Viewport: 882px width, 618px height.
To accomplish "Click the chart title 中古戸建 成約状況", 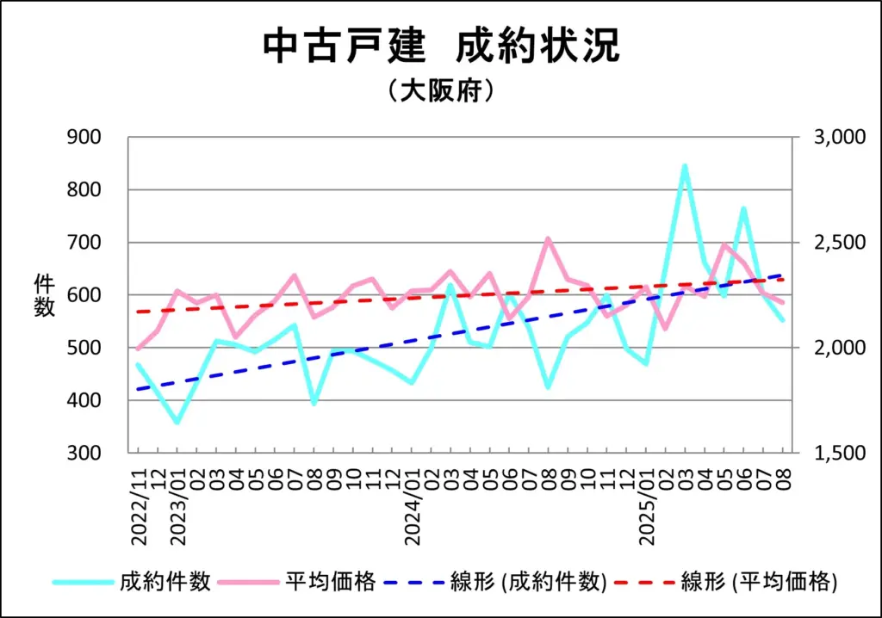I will [x=440, y=48].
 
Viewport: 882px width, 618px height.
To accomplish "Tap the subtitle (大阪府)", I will [x=440, y=90].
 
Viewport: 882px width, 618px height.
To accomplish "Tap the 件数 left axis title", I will [x=45, y=294].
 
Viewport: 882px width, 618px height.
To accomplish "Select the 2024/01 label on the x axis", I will [x=413, y=504].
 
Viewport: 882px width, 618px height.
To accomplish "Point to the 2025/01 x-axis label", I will [x=648, y=504].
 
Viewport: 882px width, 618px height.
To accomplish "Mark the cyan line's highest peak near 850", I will [x=685, y=165].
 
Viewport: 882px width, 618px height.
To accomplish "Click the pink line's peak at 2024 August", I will [x=548, y=238].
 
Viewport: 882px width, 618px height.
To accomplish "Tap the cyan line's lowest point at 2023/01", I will [x=177, y=423].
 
